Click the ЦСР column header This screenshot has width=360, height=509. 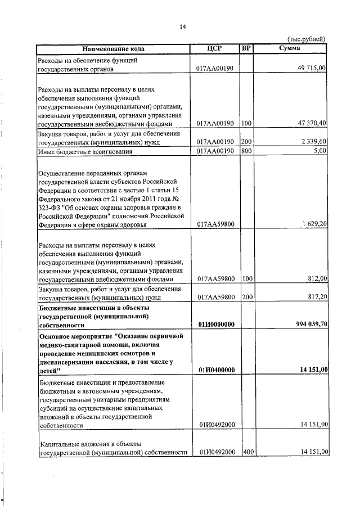(x=215, y=48)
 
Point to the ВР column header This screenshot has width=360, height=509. (x=245, y=48)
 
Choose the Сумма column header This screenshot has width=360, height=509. (x=290, y=48)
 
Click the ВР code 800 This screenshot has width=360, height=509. (x=246, y=151)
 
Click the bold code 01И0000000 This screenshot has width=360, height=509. (x=216, y=325)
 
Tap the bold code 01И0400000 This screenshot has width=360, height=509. (x=216, y=369)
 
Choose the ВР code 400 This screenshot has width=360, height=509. (x=246, y=452)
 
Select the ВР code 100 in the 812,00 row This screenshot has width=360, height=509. (x=246, y=278)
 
